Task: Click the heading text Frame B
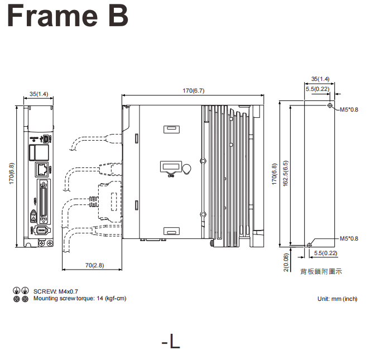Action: pyautogui.click(x=68, y=17)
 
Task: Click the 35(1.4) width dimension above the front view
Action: pyautogui.click(x=39, y=94)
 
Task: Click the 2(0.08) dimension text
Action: pyautogui.click(x=286, y=262)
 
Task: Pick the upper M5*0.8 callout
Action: pyautogui.click(x=349, y=109)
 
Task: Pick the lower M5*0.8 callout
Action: pyautogui.click(x=349, y=239)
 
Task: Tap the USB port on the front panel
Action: pyautogui.click(x=46, y=139)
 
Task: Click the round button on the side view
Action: pyautogui.click(x=186, y=169)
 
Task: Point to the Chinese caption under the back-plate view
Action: pyautogui.click(x=321, y=272)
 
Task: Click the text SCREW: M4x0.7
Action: pyautogui.click(x=56, y=291)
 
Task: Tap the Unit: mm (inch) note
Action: pyautogui.click(x=337, y=299)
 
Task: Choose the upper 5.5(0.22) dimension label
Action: pyautogui.click(x=317, y=89)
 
